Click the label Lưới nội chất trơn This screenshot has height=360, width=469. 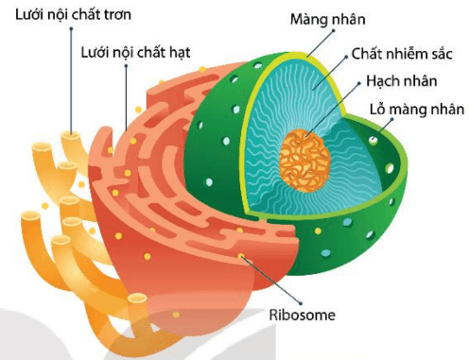[69, 14]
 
